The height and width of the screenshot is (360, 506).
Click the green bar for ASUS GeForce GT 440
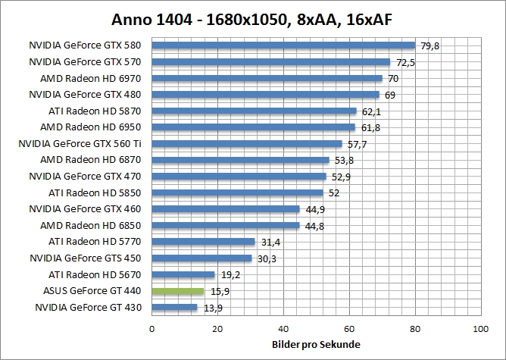click(178, 291)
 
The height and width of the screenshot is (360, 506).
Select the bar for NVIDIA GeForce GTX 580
click(283, 45)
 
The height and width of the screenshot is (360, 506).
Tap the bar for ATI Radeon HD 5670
click(183, 274)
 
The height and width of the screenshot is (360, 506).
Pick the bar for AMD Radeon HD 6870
click(240, 160)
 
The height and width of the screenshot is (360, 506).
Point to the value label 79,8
click(430, 46)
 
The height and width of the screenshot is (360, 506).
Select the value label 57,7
click(357, 144)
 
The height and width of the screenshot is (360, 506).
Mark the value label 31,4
click(270, 242)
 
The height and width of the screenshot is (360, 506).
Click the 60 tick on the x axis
click(349, 329)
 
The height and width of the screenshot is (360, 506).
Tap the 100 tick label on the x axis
click(479, 329)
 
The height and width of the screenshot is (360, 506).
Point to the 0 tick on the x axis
click(152, 329)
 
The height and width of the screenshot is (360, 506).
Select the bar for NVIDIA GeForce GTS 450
click(201, 258)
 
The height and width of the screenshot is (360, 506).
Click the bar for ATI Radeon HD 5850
click(237, 193)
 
